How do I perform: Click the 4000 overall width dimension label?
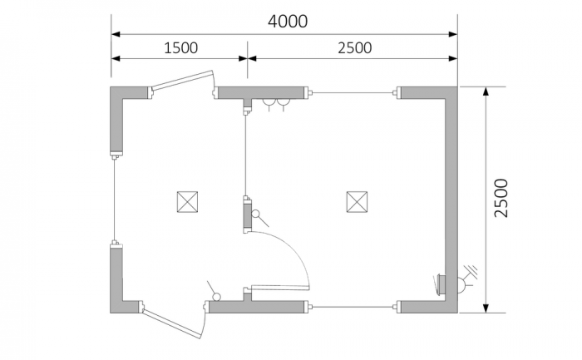point(288,22)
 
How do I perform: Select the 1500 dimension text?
point(180,48)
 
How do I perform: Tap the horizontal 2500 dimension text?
point(354,48)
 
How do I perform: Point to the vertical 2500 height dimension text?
point(501,198)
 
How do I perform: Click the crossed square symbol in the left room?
point(187,202)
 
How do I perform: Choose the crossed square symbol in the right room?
point(357,202)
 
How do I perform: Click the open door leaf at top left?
point(183,80)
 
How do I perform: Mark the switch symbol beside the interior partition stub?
point(259,218)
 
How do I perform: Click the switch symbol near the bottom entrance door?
point(213,292)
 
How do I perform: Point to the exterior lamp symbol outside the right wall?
point(466,280)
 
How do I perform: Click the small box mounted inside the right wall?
point(441,284)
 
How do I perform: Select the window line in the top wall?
point(353,93)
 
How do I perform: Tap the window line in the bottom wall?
point(353,307)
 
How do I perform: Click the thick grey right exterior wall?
point(451,200)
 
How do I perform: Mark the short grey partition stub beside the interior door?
point(247,215)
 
